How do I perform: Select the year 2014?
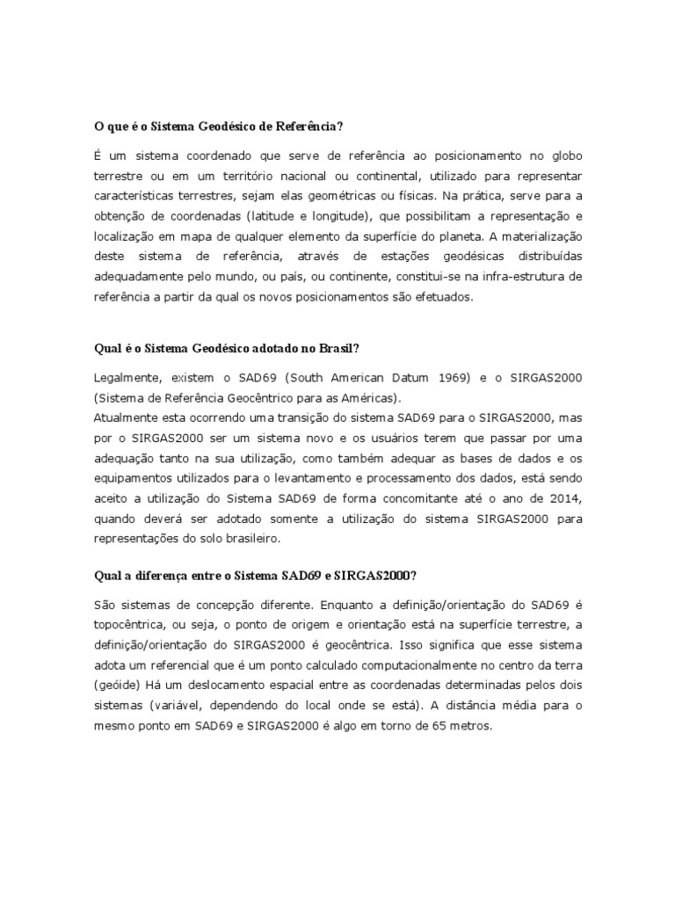(564, 498)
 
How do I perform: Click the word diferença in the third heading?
(158, 576)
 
